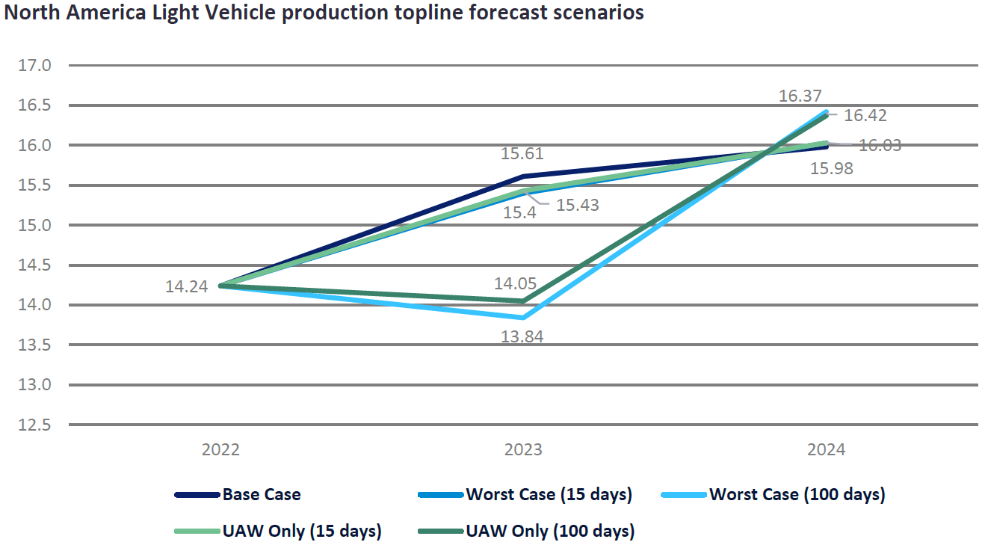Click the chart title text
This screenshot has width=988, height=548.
tap(324, 13)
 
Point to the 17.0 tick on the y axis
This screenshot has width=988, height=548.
tap(34, 65)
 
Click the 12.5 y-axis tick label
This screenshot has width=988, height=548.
tap(34, 425)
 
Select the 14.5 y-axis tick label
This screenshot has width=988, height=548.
tap(34, 265)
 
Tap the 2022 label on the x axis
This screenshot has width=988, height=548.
tap(220, 450)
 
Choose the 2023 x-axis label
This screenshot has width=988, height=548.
tap(523, 450)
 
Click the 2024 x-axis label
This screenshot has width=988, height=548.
tap(826, 450)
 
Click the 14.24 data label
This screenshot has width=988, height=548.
tap(186, 286)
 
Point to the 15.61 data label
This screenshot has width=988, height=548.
tap(522, 155)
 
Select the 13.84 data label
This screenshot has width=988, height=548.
tap(522, 337)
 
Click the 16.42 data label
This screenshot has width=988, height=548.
tap(865, 116)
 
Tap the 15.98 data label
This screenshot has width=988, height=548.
tap(831, 169)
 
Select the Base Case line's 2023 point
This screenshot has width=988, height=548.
tap(523, 176)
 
